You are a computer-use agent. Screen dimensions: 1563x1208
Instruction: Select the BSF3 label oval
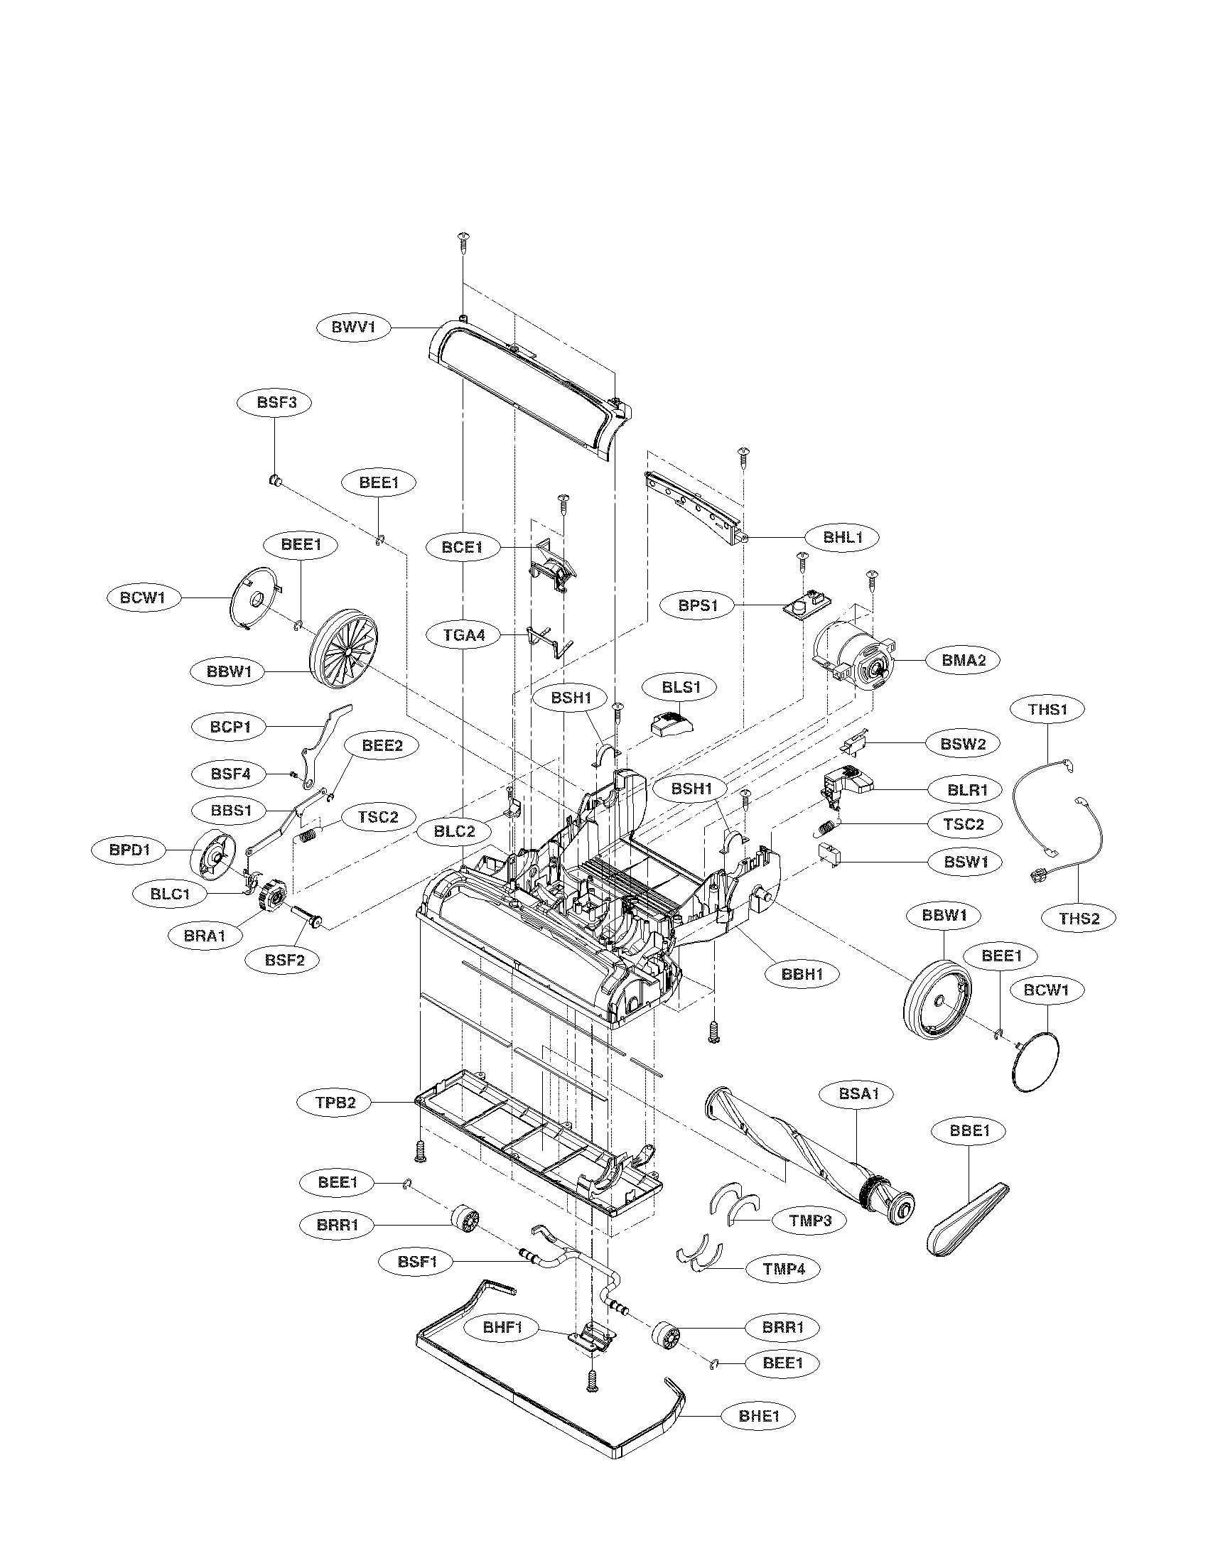click(x=276, y=402)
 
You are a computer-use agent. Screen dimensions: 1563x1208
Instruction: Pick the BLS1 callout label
click(x=680, y=688)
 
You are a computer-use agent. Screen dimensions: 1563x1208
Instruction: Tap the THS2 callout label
click(x=1079, y=918)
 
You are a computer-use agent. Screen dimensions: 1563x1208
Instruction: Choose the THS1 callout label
click(x=1047, y=709)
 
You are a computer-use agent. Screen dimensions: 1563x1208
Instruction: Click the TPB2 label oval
click(x=335, y=1103)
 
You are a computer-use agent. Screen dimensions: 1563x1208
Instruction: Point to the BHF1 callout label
click(x=503, y=1329)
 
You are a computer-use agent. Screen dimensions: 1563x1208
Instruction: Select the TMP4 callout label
click(x=784, y=1269)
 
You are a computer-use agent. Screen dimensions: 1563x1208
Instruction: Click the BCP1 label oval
click(x=230, y=726)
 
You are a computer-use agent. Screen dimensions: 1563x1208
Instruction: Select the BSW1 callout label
click(x=966, y=862)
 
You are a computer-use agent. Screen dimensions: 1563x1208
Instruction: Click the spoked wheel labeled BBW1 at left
click(x=345, y=652)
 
